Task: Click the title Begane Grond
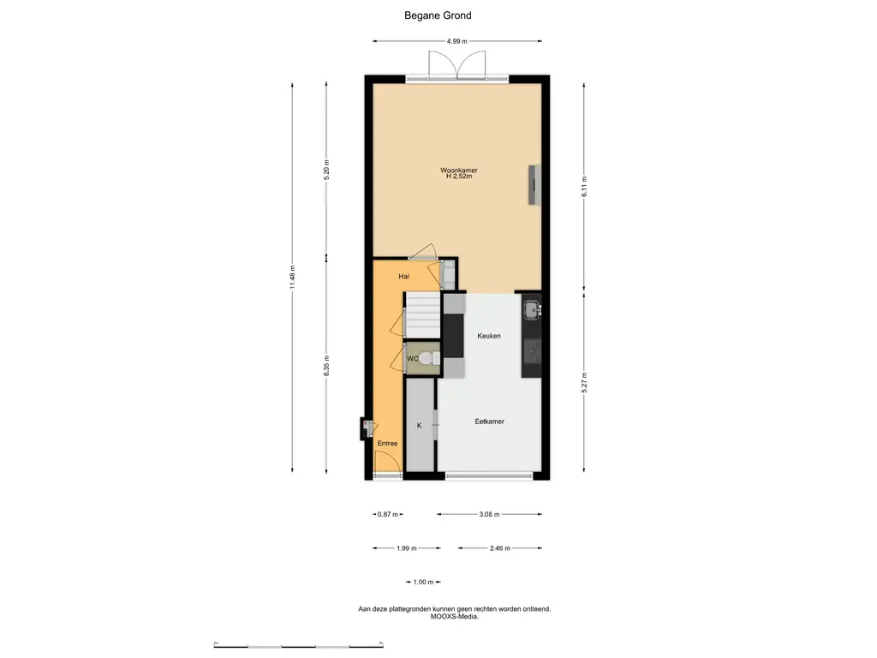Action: (x=438, y=15)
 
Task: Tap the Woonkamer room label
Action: (x=459, y=170)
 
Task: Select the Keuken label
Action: (x=489, y=336)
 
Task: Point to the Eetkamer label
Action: (x=489, y=422)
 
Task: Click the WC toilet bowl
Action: (x=428, y=358)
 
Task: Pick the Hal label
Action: (x=404, y=277)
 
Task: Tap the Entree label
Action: (x=387, y=443)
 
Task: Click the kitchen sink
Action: (x=532, y=309)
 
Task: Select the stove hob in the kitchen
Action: (x=532, y=351)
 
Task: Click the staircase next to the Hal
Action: (x=423, y=315)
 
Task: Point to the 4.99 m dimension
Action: (x=457, y=41)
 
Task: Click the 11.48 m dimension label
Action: (x=292, y=278)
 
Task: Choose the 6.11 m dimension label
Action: (x=584, y=186)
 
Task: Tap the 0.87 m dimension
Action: (x=388, y=514)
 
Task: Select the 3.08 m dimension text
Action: (x=489, y=514)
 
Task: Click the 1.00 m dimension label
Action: (x=423, y=582)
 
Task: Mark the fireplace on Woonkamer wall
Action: (x=534, y=185)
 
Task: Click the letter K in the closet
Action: (x=420, y=426)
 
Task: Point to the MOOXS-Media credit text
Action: (x=455, y=617)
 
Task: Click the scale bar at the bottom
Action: (x=299, y=646)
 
